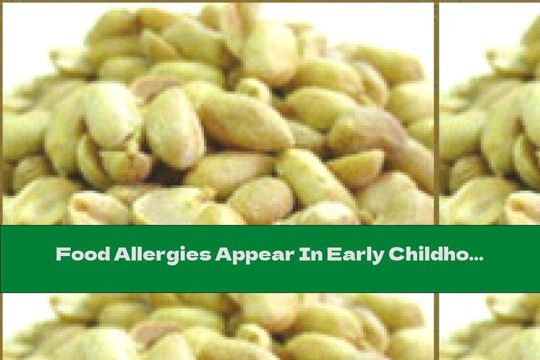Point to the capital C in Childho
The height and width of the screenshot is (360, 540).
point(383,255)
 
